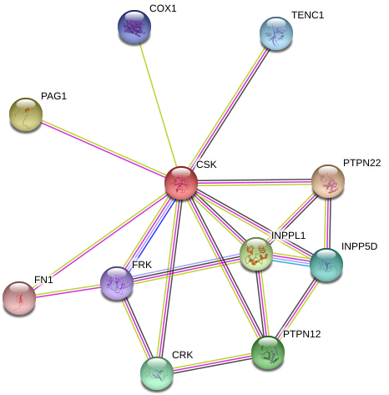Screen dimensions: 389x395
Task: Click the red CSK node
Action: [x=181, y=183]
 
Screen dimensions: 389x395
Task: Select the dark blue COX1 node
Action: [x=134, y=27]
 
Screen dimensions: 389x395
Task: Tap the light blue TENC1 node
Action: [x=276, y=33]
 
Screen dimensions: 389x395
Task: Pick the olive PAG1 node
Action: [x=26, y=114]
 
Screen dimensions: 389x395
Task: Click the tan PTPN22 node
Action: [x=328, y=181]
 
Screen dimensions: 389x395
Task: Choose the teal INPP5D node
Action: [x=326, y=265]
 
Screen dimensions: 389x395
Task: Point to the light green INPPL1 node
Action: [x=256, y=254]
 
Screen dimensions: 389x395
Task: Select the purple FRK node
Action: [x=117, y=283]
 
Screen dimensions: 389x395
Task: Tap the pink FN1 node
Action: [x=19, y=298]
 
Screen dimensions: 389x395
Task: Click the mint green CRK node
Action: [x=157, y=373]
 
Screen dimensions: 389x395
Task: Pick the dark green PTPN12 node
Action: [x=268, y=352]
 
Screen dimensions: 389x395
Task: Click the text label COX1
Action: [x=163, y=8]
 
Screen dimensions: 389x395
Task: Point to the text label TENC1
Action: [x=308, y=15]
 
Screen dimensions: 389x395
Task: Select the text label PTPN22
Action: [x=361, y=163]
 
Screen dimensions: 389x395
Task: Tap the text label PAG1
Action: [x=53, y=96]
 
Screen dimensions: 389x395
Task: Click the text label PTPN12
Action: [x=302, y=334]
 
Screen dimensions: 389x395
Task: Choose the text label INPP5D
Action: [x=359, y=246]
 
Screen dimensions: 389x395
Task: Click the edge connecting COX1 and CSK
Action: [x=158, y=105]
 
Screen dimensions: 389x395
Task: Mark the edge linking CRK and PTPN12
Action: [x=212, y=363]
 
